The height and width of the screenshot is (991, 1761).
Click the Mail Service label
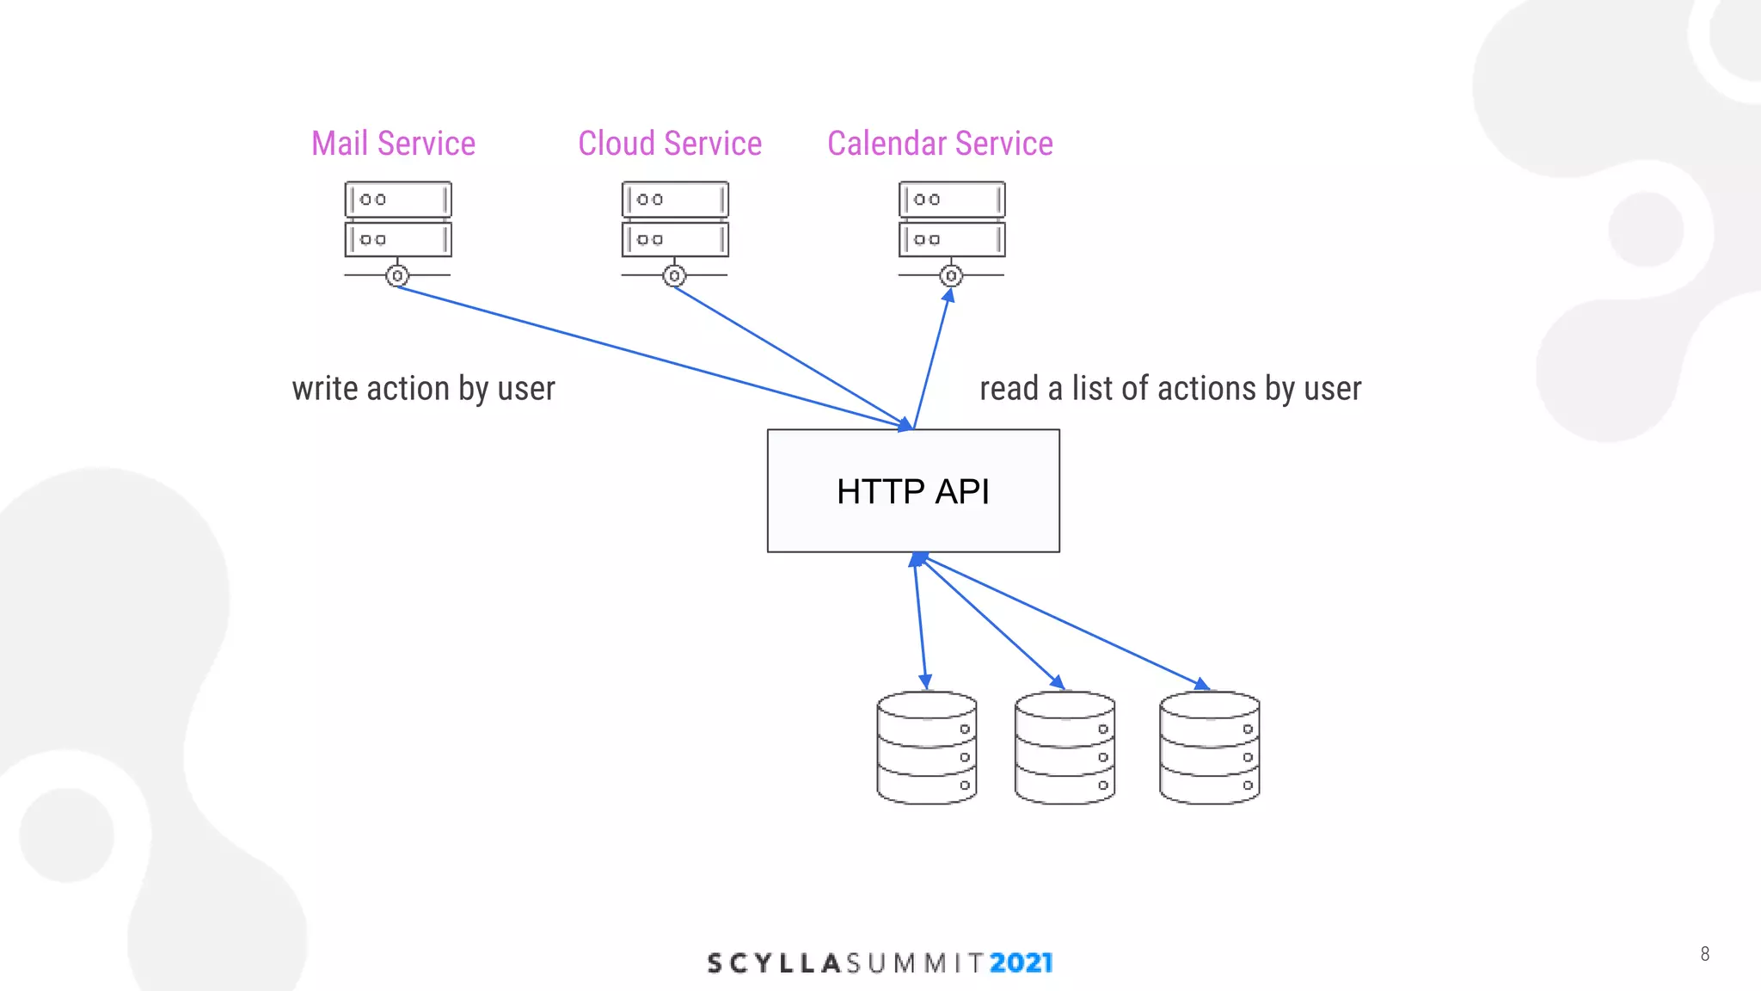click(393, 144)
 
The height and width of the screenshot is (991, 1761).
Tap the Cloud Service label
click(670, 144)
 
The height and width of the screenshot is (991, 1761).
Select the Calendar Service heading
click(940, 144)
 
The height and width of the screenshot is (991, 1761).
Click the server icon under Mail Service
click(398, 219)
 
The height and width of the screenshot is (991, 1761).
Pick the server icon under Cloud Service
click(675, 219)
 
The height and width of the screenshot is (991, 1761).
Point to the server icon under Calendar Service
click(952, 219)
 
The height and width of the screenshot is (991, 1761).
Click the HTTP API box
click(913, 491)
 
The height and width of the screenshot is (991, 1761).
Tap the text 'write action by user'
click(423, 389)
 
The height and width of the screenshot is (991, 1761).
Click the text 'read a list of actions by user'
click(1170, 389)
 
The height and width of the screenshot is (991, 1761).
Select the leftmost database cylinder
click(926, 748)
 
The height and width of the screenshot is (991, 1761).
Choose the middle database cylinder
click(1065, 748)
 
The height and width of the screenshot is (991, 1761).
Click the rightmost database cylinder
click(1209, 748)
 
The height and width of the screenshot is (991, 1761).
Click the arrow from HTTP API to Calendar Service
click(933, 357)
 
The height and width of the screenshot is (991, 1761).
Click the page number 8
click(1704, 954)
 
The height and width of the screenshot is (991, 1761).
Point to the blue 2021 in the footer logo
click(1021, 963)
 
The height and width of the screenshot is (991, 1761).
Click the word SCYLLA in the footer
click(773, 963)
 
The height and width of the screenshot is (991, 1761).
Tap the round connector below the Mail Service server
click(397, 276)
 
